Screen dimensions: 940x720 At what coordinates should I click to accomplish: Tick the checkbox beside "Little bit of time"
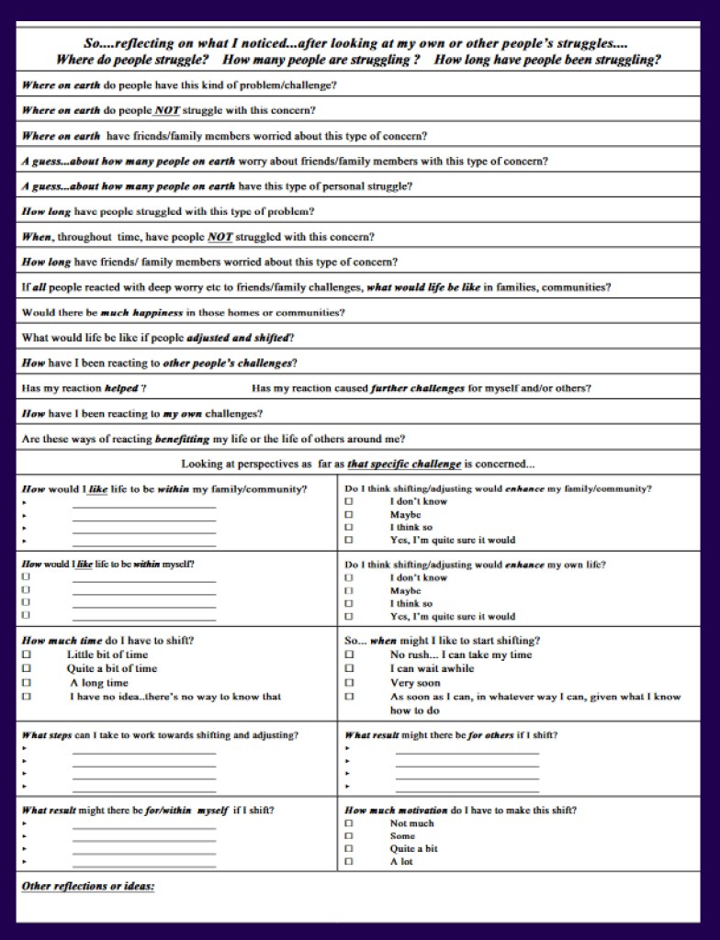[x=27, y=655]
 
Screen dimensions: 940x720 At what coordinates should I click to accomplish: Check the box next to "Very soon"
[x=349, y=683]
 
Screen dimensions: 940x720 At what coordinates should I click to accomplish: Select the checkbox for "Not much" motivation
[x=349, y=823]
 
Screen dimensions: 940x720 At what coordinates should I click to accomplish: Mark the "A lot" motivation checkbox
[x=349, y=862]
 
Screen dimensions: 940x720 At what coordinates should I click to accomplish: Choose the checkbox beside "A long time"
[x=27, y=683]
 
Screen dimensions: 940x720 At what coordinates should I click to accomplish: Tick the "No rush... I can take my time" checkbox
[x=349, y=655]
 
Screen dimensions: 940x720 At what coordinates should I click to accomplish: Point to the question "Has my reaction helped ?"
[x=84, y=388]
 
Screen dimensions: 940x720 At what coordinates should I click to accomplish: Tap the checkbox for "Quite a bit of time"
[x=27, y=668]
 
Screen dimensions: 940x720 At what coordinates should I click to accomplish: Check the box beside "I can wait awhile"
[x=349, y=668]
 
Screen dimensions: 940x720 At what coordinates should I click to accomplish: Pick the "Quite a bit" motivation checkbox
[x=349, y=849]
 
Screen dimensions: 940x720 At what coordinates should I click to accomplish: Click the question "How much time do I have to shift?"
[x=107, y=640]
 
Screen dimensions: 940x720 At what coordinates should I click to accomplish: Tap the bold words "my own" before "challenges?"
[x=183, y=414]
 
